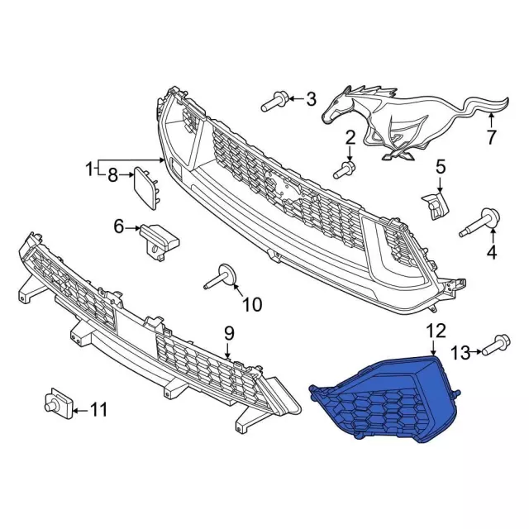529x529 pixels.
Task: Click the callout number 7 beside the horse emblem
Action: coord(491,136)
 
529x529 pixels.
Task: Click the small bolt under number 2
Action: coord(344,169)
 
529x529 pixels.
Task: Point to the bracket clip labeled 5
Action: coord(435,205)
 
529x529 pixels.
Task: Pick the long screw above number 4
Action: coord(479,223)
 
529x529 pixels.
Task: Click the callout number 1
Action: coord(89,169)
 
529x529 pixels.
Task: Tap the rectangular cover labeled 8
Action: coord(146,188)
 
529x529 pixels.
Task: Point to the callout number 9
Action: coord(229,334)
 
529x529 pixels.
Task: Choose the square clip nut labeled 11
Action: coord(59,403)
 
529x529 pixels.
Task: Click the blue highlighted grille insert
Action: coord(384,398)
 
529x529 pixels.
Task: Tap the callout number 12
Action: coord(436,331)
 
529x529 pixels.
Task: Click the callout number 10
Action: coord(252,305)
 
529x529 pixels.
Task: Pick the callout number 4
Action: coord(493,251)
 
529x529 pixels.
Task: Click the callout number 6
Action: coord(119,227)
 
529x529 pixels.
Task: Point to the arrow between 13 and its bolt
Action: coord(476,353)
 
